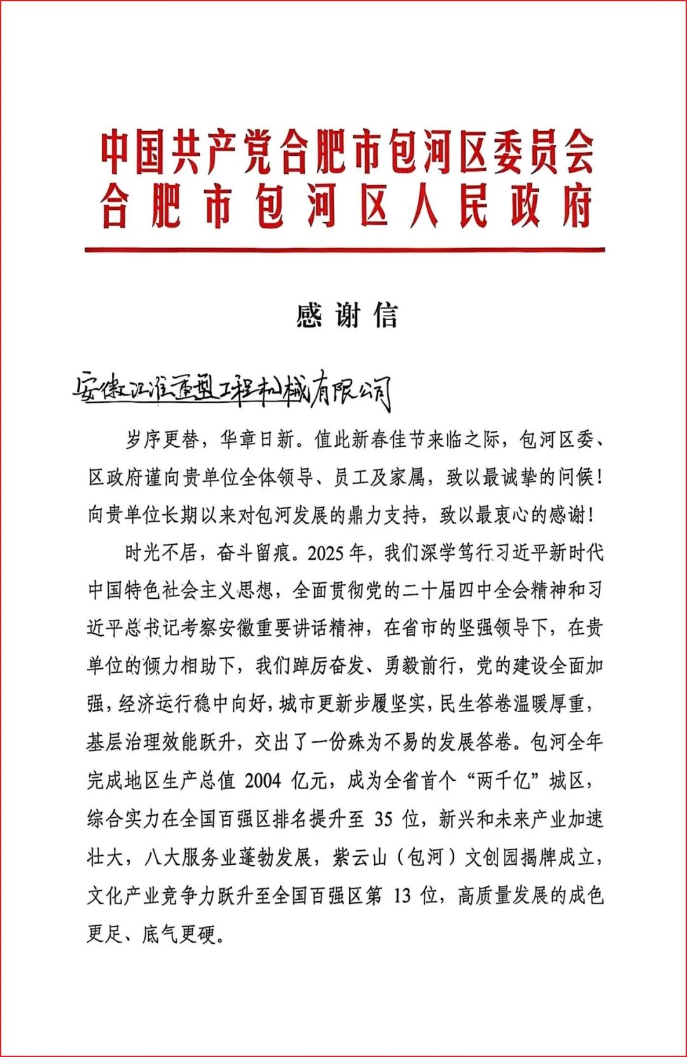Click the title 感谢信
[347, 316]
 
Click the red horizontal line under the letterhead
[344, 249]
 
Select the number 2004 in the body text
[263, 780]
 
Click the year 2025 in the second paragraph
[327, 552]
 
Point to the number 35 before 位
[384, 818]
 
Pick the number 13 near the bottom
[402, 895]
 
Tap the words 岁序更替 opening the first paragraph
[162, 439]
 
